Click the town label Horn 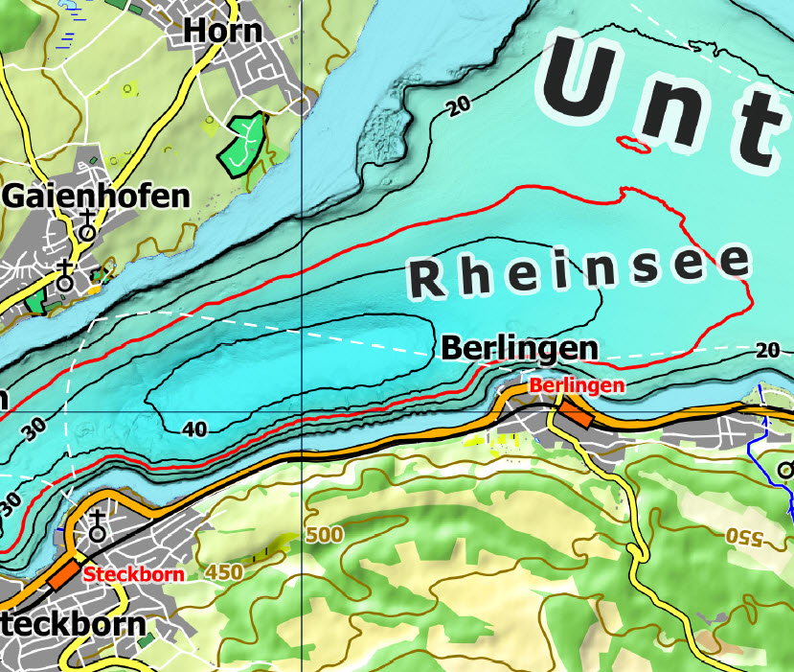223,31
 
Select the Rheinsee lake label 579,269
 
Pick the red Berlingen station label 577,385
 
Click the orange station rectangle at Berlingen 576,414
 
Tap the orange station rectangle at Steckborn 65,573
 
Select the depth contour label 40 194,429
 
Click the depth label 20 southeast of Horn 461,106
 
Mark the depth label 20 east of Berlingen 767,349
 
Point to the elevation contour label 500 325,535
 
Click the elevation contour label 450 224,572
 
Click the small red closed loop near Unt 634,144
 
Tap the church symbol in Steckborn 97,526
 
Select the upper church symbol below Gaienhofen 87,226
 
